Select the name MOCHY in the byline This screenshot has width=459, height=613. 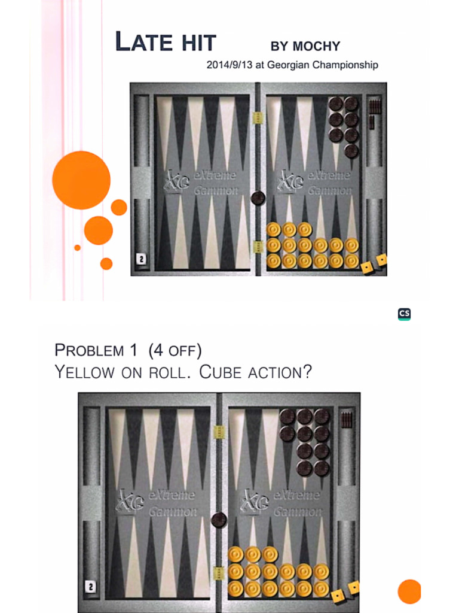(x=316, y=46)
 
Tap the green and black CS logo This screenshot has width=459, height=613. (x=405, y=314)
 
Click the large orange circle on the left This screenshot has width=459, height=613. (x=81, y=180)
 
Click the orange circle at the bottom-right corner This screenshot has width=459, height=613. (x=409, y=591)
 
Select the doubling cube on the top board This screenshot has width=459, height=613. (x=142, y=259)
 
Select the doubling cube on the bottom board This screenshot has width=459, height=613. (x=90, y=587)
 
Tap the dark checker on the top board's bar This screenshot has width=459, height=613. (x=258, y=198)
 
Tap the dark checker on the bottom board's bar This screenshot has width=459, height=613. (x=219, y=520)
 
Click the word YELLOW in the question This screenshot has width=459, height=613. (x=84, y=372)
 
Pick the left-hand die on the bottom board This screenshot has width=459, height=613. (x=338, y=595)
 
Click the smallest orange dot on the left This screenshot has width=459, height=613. (x=77, y=247)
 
